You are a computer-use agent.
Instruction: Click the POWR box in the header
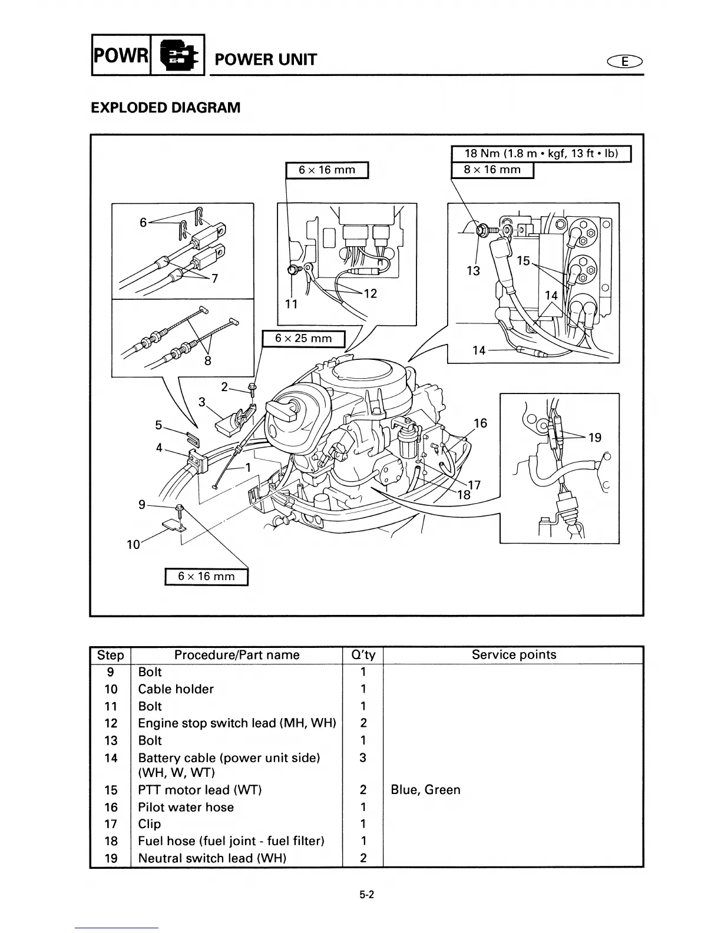[x=121, y=55]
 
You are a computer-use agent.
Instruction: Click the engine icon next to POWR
[x=178, y=55]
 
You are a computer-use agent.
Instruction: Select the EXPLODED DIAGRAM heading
[x=166, y=108]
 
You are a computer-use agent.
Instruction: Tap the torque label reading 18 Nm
[x=541, y=154]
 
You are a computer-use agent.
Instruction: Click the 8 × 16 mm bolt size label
[x=492, y=170]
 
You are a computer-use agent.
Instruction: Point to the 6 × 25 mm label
[x=303, y=339]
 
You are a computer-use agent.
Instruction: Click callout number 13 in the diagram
[x=473, y=271]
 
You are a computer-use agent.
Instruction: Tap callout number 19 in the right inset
[x=595, y=437]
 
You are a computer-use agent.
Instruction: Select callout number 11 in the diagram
[x=291, y=304]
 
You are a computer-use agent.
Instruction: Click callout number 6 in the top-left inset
[x=143, y=222]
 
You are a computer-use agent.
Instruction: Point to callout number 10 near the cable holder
[x=134, y=544]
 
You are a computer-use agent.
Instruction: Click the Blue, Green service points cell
[x=425, y=790]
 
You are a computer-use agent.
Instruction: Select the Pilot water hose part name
[x=186, y=807]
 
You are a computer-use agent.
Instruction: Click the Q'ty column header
[x=363, y=655]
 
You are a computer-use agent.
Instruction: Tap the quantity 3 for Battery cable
[x=363, y=758]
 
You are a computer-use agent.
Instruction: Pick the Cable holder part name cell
[x=176, y=689]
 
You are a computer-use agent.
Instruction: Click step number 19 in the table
[x=111, y=858]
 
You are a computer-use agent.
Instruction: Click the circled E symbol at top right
[x=624, y=61]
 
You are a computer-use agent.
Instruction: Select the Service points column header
[x=514, y=655]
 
